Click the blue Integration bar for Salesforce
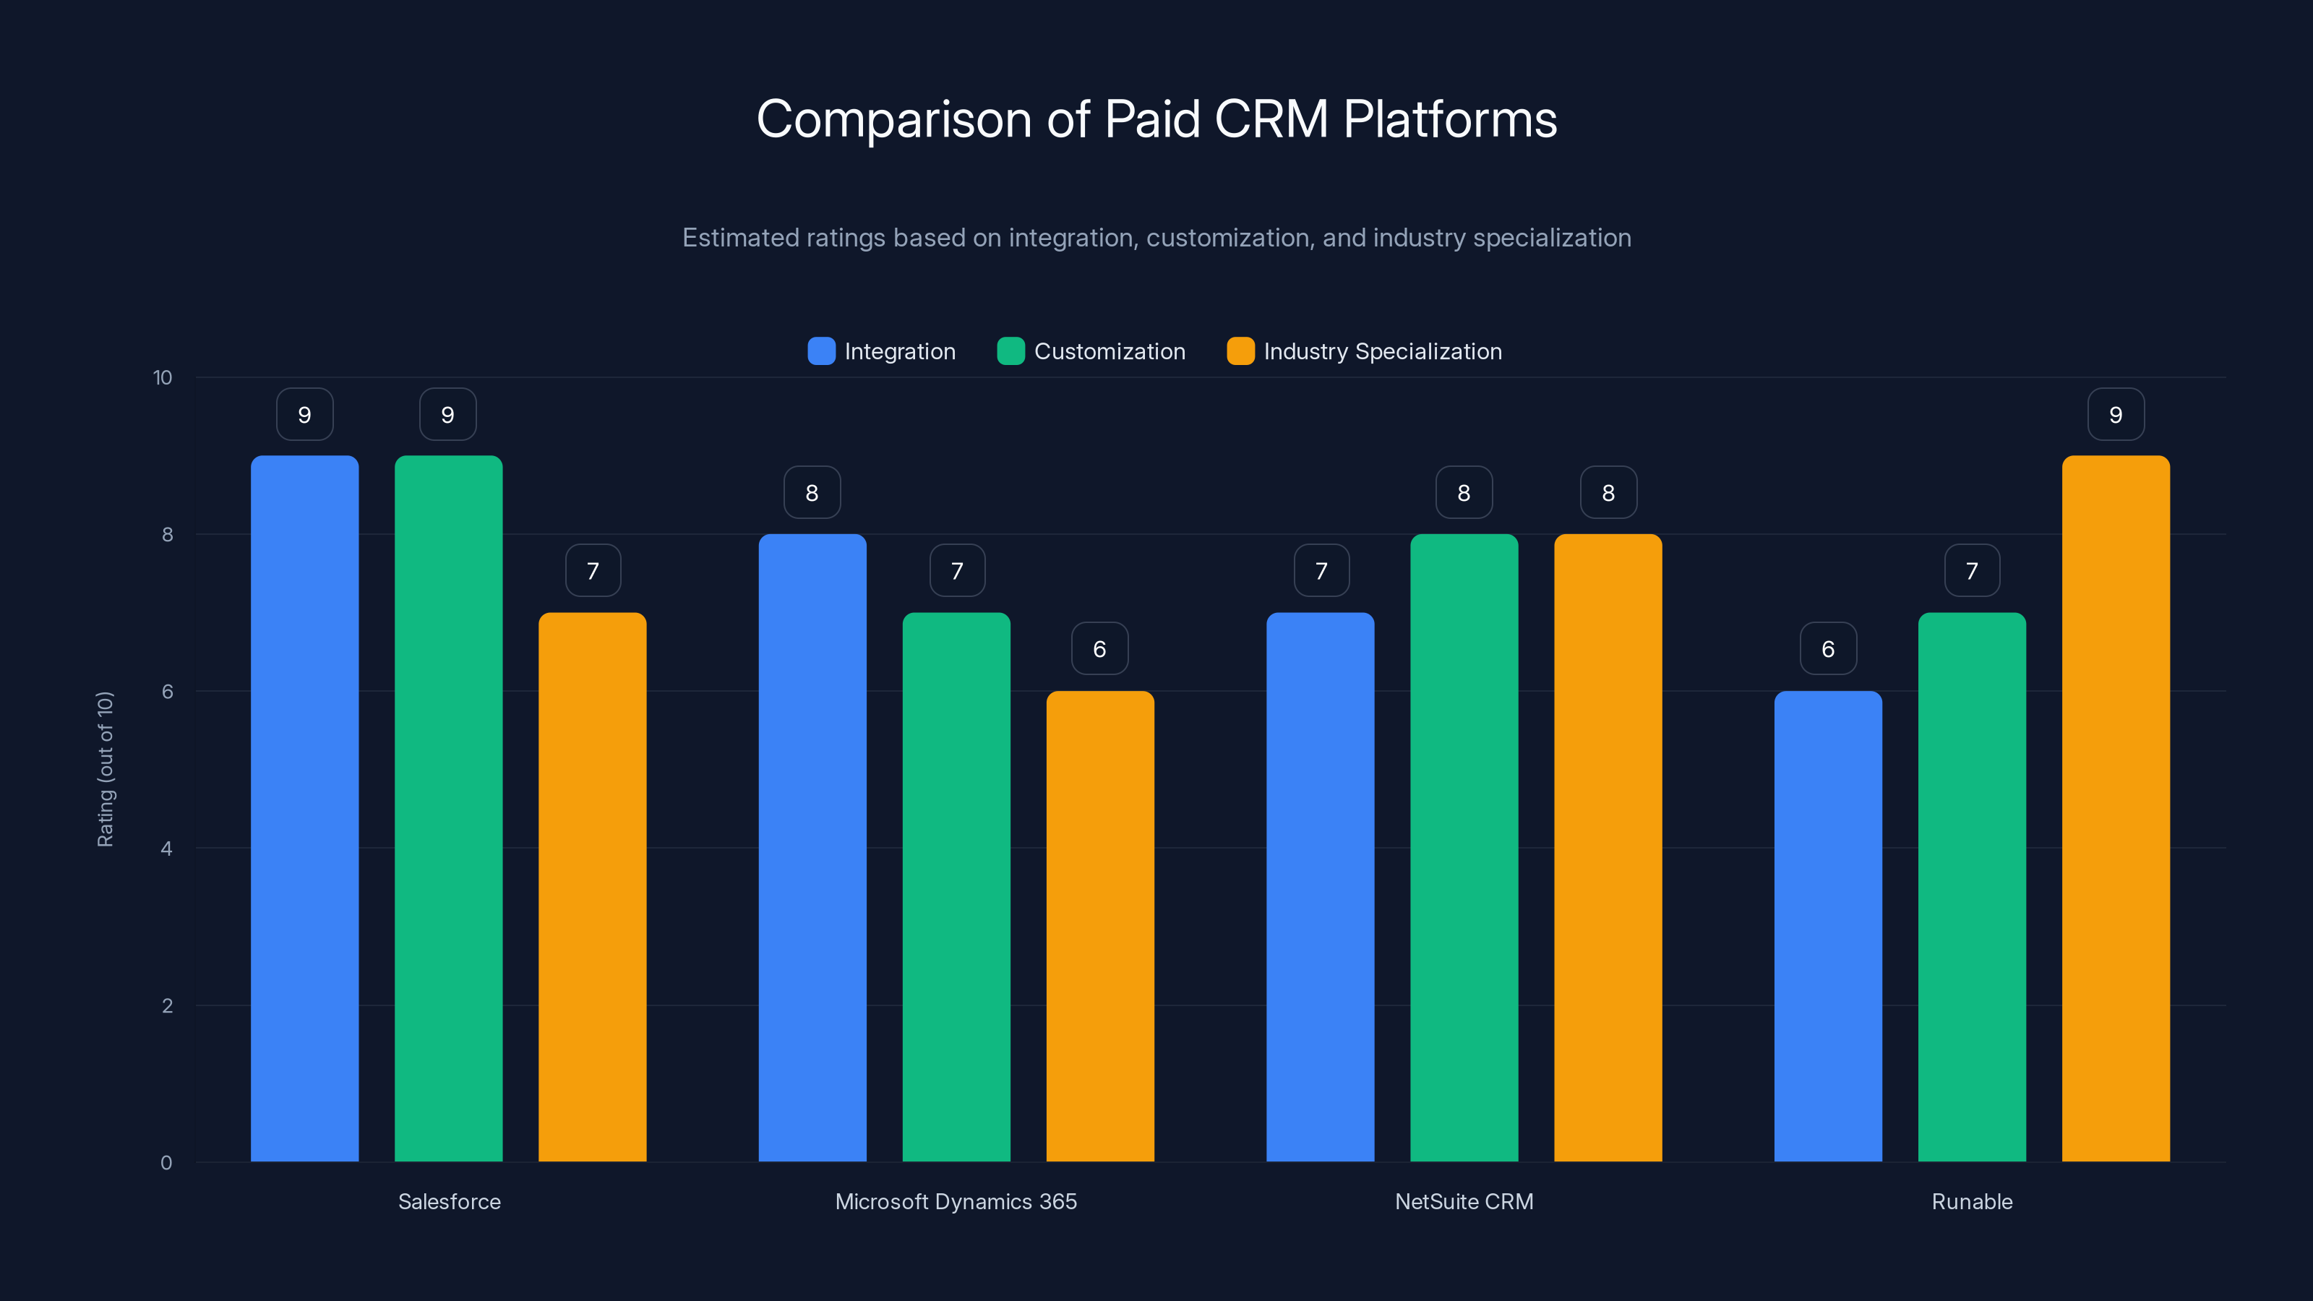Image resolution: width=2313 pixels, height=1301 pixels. click(x=304, y=808)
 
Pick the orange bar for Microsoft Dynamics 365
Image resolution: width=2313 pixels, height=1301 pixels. click(x=1100, y=926)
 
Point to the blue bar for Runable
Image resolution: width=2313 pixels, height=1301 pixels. click(x=1827, y=926)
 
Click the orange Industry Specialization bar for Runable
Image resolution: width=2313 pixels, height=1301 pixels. click(x=2116, y=808)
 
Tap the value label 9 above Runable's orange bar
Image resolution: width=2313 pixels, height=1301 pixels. click(x=2116, y=415)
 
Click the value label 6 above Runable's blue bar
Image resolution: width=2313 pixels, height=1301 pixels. click(x=1827, y=649)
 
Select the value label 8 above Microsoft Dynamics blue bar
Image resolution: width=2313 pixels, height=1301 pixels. click(x=812, y=493)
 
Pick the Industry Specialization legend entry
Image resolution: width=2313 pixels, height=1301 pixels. click(x=1364, y=351)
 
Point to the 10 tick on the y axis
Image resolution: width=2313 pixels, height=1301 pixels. click(x=163, y=377)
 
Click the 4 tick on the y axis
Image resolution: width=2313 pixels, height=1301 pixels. click(x=166, y=849)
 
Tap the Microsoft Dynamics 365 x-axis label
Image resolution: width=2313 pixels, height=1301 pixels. click(x=956, y=1201)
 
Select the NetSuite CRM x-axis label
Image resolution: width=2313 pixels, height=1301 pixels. click(x=1464, y=1201)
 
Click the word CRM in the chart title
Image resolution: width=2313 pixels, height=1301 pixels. click(x=1271, y=119)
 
